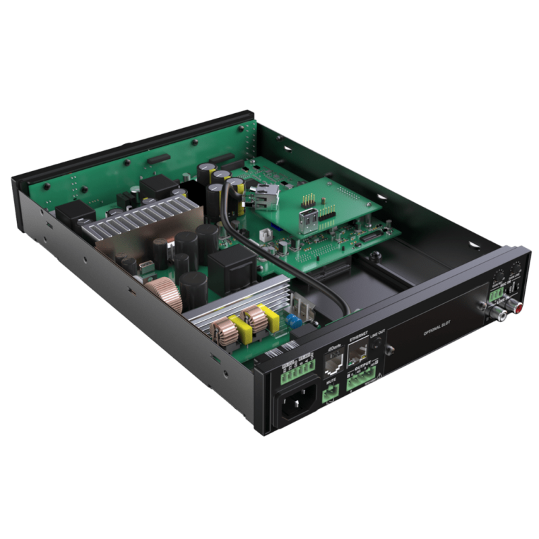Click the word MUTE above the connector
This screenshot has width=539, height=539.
[331, 381]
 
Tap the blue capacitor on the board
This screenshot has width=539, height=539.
[292, 320]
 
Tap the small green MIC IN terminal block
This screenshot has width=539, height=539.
[497, 294]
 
